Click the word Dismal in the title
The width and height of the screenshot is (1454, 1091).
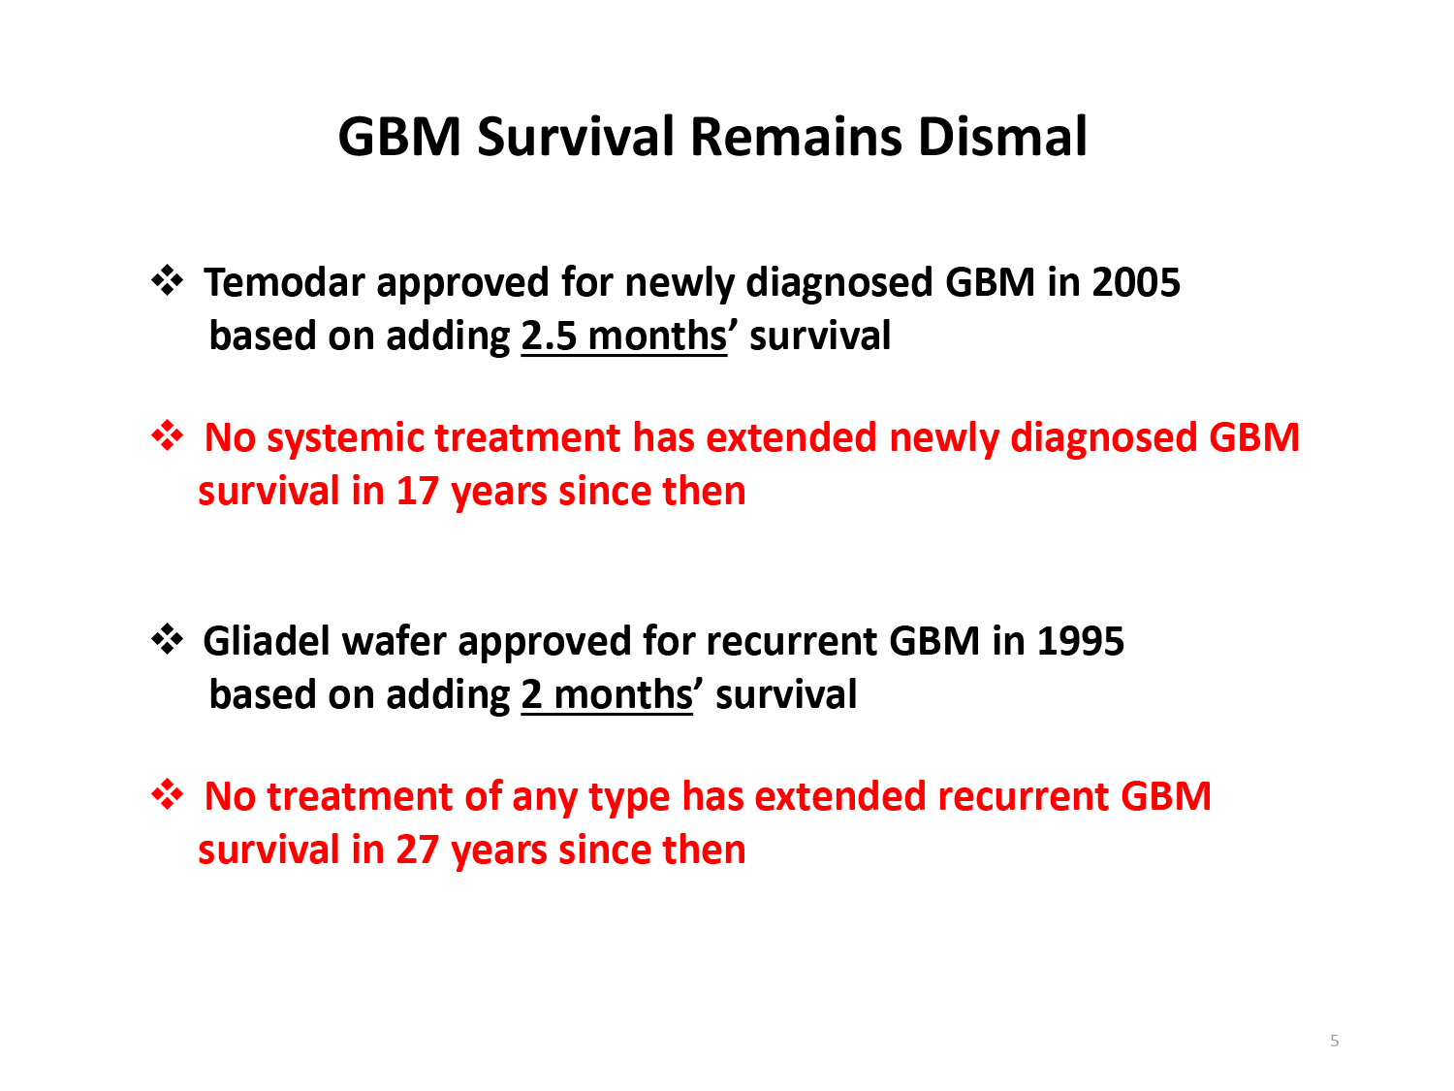tap(1002, 137)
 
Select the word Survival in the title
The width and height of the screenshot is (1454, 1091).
tap(576, 137)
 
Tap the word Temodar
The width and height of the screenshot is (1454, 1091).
tap(284, 282)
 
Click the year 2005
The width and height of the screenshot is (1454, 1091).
tap(1135, 282)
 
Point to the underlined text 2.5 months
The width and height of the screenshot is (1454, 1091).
tap(624, 336)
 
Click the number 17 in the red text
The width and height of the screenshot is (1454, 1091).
tap(418, 492)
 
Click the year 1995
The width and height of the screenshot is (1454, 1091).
tap(1080, 641)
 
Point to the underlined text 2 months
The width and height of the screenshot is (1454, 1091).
tap(607, 695)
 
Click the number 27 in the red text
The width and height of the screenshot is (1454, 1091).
tap(418, 850)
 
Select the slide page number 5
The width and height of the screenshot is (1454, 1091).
tap(1334, 1041)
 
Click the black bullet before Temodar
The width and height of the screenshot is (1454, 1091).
tap(167, 281)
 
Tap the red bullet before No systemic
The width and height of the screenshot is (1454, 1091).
tap(167, 435)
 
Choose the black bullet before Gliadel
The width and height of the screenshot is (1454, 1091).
tap(167, 639)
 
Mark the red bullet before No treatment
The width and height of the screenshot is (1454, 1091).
tap(167, 794)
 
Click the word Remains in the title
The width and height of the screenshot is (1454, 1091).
tap(796, 137)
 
